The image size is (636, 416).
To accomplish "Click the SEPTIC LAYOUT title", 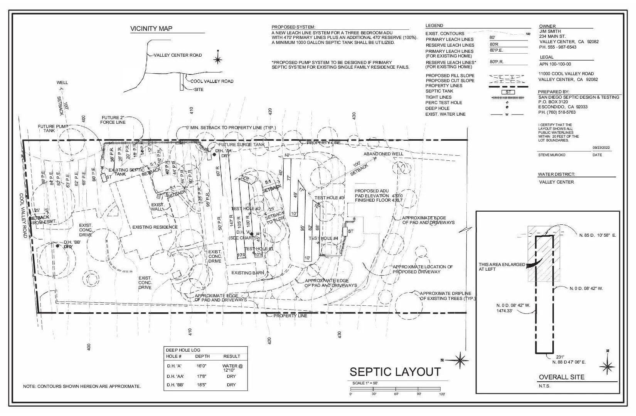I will pyautogui.click(x=395, y=372).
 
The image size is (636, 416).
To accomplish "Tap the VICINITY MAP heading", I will pyautogui.click(x=151, y=29).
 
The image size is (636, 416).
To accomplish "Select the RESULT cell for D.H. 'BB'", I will pyautogui.click(x=231, y=385).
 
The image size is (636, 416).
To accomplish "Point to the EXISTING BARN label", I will pyautogui.click(x=247, y=273).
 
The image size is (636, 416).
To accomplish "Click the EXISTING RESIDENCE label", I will pyautogui.click(x=155, y=227).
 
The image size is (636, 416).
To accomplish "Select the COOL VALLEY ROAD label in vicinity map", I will pyautogui.click(x=212, y=81).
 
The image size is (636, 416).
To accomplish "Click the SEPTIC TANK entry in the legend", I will pyautogui.click(x=439, y=91).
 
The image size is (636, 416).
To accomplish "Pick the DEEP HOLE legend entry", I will pyautogui.click(x=437, y=108).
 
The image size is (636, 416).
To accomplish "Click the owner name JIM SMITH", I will pyautogui.click(x=550, y=31).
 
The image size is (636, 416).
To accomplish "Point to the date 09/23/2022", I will pyautogui.click(x=601, y=148).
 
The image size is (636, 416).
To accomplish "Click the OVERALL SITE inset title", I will pyautogui.click(x=561, y=377).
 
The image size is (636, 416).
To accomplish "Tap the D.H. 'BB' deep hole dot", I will pyautogui.click(x=57, y=246).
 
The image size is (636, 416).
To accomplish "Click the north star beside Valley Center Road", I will pyautogui.click(x=218, y=59).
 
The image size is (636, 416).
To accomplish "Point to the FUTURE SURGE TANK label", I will pyautogui.click(x=242, y=145).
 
